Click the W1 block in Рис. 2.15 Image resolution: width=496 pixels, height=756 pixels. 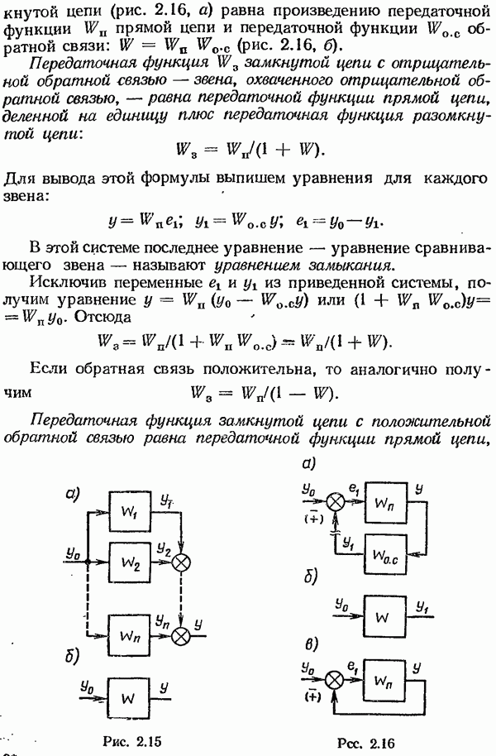(128, 512)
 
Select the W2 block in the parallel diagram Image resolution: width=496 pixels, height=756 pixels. (128, 562)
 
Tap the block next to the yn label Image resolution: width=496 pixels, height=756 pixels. (128, 635)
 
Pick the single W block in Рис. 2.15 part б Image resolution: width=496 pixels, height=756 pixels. (128, 699)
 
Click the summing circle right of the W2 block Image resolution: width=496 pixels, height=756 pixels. (182, 562)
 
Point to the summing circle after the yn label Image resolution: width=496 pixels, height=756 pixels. (182, 636)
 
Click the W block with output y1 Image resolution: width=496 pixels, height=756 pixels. (382, 617)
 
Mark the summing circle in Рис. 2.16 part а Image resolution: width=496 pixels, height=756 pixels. (336, 502)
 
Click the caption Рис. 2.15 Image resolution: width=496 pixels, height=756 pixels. (131, 742)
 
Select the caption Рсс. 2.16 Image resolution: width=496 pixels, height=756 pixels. (367, 744)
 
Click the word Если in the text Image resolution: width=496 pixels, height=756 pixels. (48, 370)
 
